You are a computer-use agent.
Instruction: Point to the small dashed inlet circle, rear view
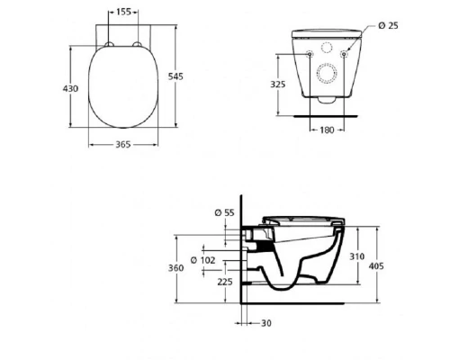click(328, 46)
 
